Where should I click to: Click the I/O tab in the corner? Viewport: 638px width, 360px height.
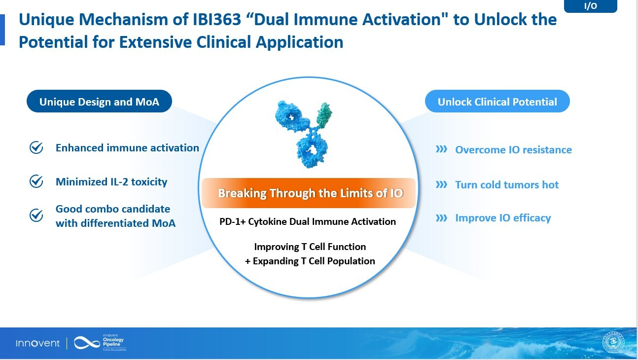590,6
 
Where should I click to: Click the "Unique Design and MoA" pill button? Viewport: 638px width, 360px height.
99,102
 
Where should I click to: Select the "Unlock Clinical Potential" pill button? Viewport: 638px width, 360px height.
497,102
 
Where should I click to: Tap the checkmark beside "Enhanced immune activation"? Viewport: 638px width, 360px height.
36,148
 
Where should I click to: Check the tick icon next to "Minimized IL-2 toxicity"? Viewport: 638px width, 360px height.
36,181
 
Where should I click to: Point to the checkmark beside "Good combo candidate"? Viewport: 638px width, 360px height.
36,216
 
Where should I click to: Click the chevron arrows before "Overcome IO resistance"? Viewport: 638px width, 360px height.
441,149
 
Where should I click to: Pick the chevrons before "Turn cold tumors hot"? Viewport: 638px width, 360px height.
441,184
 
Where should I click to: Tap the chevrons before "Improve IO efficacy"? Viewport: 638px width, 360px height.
441,217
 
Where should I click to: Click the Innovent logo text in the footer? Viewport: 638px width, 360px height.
37,343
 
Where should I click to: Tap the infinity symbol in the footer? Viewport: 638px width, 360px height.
87,343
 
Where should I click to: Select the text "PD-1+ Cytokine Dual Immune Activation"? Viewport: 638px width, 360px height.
308,221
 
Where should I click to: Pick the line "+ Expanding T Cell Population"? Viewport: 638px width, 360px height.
310,261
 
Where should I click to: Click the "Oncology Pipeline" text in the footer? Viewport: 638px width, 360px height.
113,342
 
